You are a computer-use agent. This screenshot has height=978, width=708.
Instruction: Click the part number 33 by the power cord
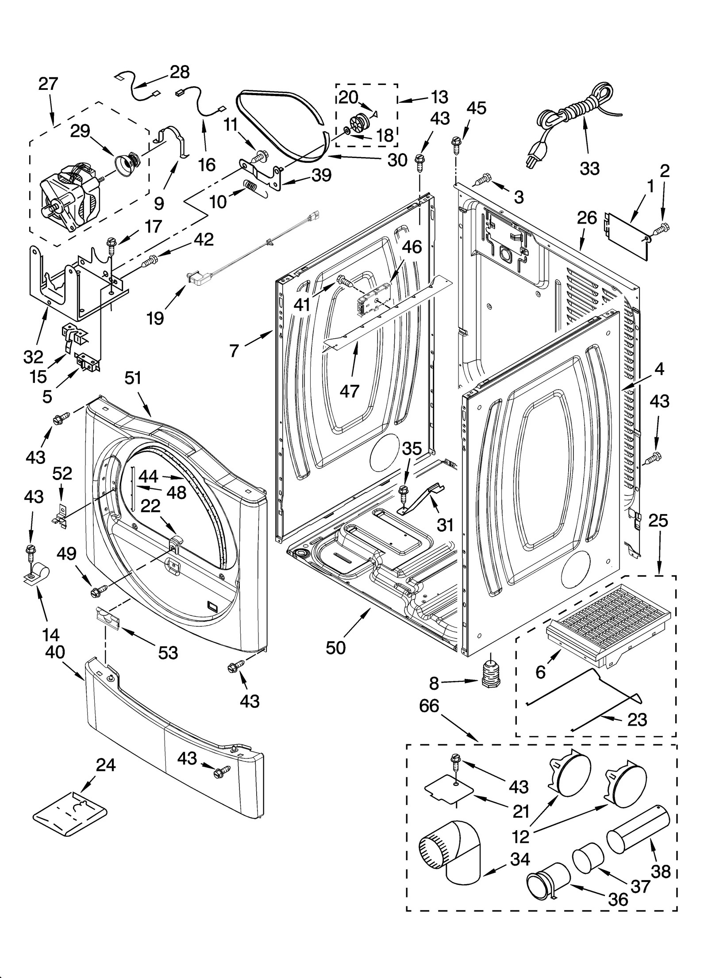[x=589, y=168]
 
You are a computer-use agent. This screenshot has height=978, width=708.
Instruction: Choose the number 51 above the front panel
[x=133, y=379]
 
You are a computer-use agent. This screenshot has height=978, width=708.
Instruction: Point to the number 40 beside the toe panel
[x=54, y=652]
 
